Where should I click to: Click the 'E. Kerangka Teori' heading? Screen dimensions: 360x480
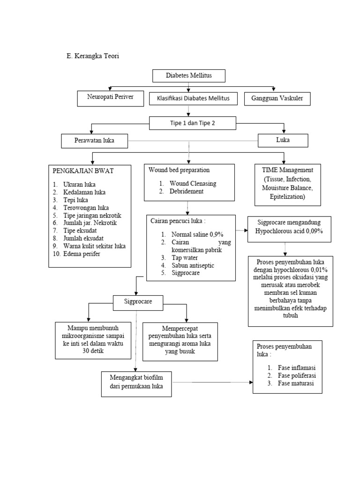[x=93, y=56]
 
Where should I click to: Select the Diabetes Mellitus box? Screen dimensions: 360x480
[x=189, y=75]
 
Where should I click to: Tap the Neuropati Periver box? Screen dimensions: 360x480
[x=110, y=98]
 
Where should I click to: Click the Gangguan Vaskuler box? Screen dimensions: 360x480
[x=277, y=99]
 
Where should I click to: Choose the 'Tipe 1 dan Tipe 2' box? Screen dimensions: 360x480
[x=193, y=123]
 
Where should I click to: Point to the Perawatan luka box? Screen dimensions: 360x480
[x=94, y=141]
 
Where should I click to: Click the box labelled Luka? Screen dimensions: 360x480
[x=283, y=141]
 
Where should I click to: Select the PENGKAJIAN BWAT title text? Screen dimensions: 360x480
[x=83, y=171]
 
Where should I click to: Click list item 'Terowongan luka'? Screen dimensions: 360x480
[x=86, y=208]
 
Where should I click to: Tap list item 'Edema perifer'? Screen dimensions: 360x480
[x=82, y=254]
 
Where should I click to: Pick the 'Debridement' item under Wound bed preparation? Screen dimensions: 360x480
[x=187, y=191]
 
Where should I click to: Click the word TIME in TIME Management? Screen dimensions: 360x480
[x=270, y=170]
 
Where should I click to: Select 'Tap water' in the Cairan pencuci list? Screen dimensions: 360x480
[x=185, y=258]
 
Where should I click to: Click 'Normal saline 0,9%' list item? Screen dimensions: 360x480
[x=197, y=234]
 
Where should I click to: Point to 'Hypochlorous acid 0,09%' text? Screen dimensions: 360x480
[x=289, y=231]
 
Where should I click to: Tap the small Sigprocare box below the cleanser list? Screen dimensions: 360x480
[x=138, y=303]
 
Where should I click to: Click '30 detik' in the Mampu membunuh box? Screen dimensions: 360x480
[x=93, y=351]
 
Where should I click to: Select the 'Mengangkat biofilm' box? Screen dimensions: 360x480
[x=136, y=384]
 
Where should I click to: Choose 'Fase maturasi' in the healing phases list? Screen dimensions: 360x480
[x=296, y=383]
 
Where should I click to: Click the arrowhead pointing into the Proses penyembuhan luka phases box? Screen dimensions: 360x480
[x=251, y=382]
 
